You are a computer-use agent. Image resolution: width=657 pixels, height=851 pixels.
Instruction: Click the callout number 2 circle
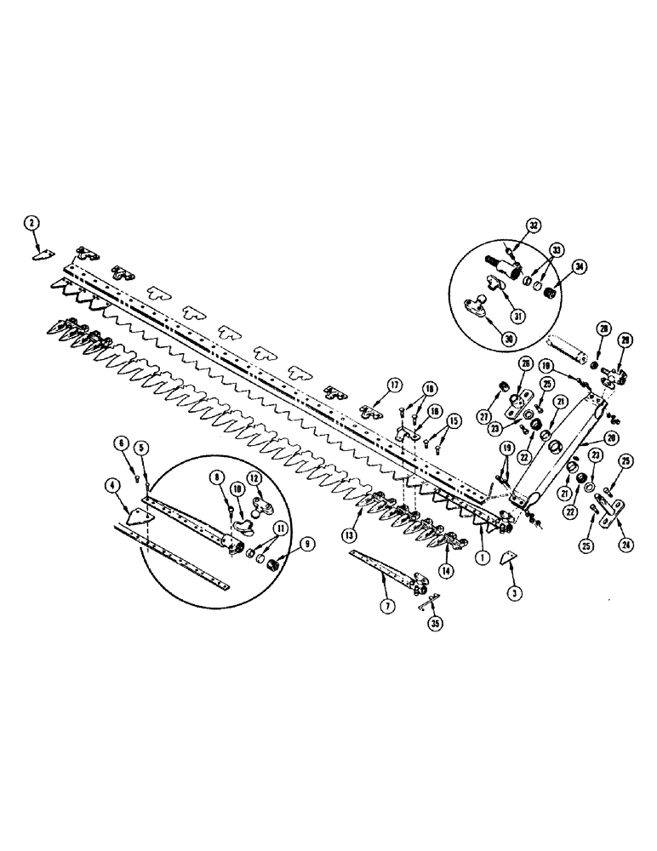(31, 223)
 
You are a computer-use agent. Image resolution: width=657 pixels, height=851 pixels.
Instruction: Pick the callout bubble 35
(436, 623)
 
